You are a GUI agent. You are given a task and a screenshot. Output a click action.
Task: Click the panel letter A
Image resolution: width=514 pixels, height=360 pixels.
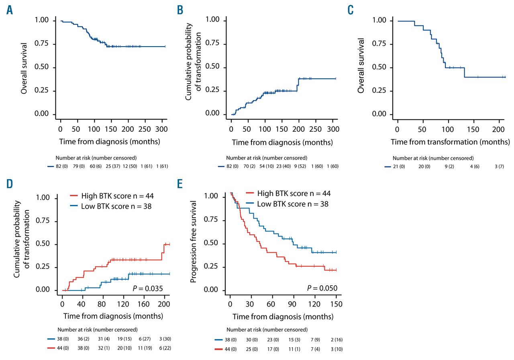[10, 10]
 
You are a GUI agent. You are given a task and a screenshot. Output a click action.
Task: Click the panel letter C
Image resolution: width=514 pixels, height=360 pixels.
[350, 10]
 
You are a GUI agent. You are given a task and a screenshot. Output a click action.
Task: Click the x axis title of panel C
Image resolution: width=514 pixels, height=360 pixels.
[450, 141]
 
